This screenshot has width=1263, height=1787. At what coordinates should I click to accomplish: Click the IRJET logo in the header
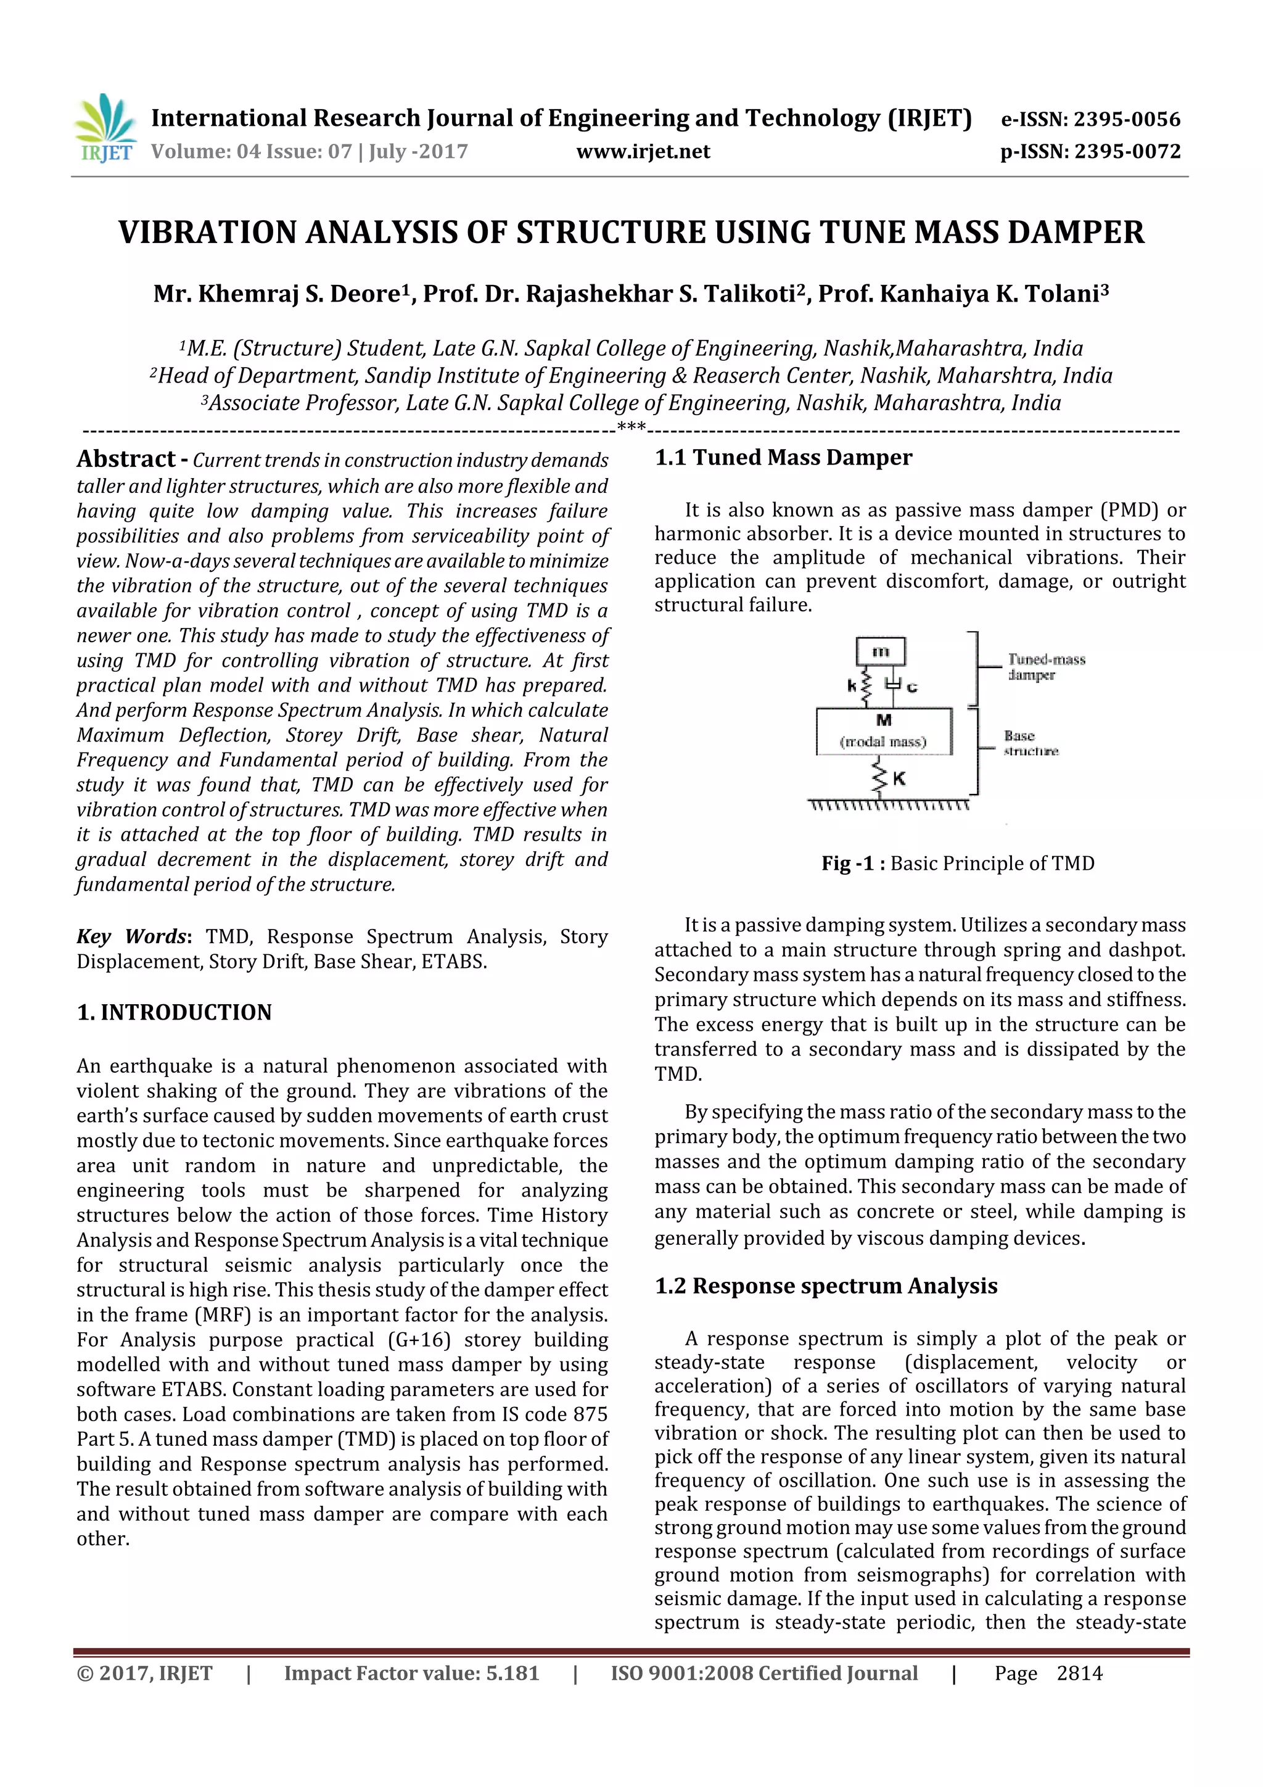click(x=104, y=128)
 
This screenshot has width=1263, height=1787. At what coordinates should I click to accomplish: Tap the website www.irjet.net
click(x=643, y=151)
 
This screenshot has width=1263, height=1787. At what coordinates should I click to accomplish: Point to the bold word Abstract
click(x=125, y=458)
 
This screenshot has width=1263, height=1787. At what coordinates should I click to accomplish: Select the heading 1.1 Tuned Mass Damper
click(x=783, y=457)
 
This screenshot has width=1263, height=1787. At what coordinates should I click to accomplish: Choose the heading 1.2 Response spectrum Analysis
click(x=826, y=1285)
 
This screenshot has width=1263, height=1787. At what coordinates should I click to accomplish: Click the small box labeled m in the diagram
click(x=880, y=651)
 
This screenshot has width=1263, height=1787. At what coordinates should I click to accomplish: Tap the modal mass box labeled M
click(x=883, y=731)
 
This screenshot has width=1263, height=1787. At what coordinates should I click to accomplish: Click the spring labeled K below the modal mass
click(x=881, y=777)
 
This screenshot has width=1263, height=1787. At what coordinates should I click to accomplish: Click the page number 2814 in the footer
click(x=1079, y=1673)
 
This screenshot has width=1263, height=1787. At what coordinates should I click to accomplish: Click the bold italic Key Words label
click(x=133, y=936)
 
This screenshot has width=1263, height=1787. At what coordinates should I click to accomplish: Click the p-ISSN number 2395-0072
click(x=1126, y=151)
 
